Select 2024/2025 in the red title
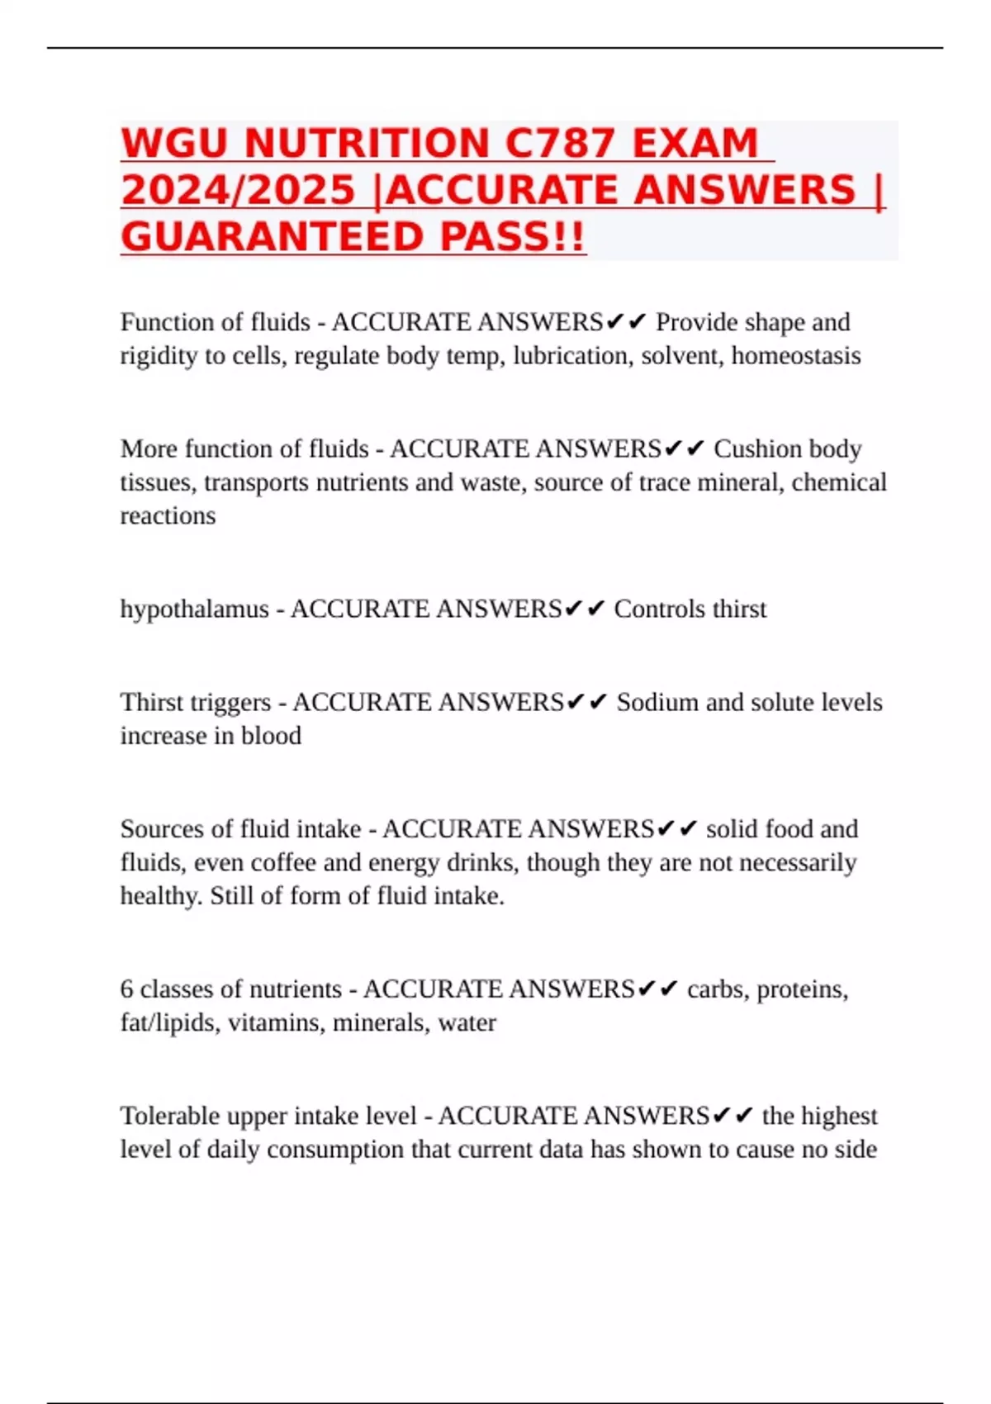(238, 190)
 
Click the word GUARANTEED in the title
(273, 237)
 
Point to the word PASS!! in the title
(512, 237)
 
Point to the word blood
(271, 735)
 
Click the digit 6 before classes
(126, 989)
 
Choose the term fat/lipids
(170, 1022)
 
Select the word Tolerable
(169, 1116)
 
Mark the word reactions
(168, 515)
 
